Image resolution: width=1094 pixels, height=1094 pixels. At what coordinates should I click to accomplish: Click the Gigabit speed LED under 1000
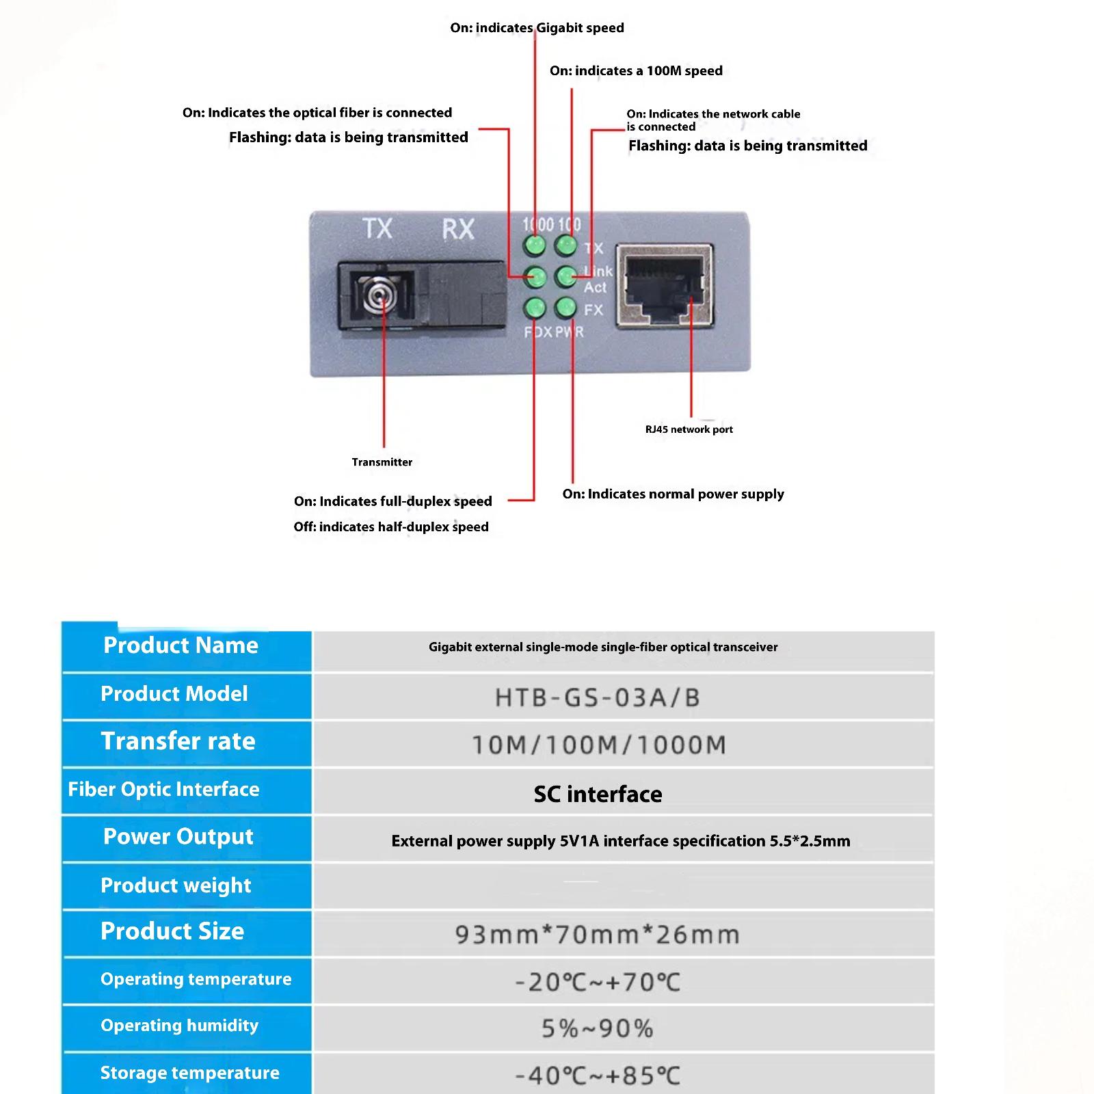pyautogui.click(x=535, y=245)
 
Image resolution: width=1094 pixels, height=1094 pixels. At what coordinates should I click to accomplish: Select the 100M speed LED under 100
pyautogui.click(x=565, y=245)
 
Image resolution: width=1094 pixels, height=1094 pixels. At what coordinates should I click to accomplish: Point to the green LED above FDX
pyautogui.click(x=535, y=308)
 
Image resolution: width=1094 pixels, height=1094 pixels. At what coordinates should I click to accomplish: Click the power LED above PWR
pyautogui.click(x=565, y=308)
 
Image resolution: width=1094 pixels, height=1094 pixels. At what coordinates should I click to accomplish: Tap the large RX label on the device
pyautogui.click(x=457, y=229)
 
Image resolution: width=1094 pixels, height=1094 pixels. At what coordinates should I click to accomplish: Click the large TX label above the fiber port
pyautogui.click(x=377, y=228)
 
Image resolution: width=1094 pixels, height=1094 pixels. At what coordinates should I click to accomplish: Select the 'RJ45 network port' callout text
pyautogui.click(x=689, y=429)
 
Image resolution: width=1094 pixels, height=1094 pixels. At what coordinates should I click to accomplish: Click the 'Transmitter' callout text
pyautogui.click(x=382, y=462)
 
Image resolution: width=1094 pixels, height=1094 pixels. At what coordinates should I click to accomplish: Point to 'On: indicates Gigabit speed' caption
pyautogui.click(x=537, y=28)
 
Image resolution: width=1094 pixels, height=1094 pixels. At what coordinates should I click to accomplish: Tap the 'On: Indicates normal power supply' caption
pyautogui.click(x=673, y=494)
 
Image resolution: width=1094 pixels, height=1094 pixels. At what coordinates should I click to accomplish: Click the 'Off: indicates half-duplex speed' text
pyautogui.click(x=391, y=526)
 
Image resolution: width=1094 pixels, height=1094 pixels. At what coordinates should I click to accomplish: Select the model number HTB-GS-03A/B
pyautogui.click(x=598, y=697)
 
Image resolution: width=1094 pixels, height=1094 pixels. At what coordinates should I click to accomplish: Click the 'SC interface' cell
pyautogui.click(x=598, y=794)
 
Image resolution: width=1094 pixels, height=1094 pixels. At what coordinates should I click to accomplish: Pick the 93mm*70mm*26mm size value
pyautogui.click(x=598, y=935)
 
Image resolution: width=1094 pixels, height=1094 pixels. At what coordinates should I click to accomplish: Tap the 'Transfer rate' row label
pyautogui.click(x=178, y=741)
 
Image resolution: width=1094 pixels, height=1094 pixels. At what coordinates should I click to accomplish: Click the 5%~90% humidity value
pyautogui.click(x=598, y=1028)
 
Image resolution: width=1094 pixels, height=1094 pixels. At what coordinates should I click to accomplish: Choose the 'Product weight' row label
pyautogui.click(x=176, y=885)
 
